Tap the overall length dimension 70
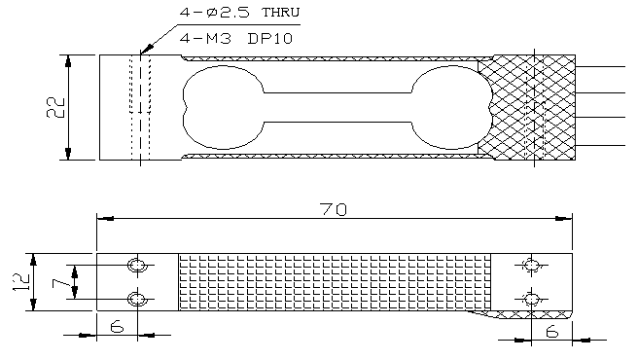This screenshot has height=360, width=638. pos(333,208)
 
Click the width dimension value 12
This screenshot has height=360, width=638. pos(22,282)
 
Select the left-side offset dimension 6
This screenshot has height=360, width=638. pos(117,328)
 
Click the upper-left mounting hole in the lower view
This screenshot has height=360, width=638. pos(139,266)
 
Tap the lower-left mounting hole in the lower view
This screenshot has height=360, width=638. pos(139,298)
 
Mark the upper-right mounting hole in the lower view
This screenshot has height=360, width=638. pos(531,266)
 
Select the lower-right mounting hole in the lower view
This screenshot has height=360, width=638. pos(531,298)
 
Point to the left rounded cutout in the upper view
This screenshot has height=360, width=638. pos(209,107)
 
